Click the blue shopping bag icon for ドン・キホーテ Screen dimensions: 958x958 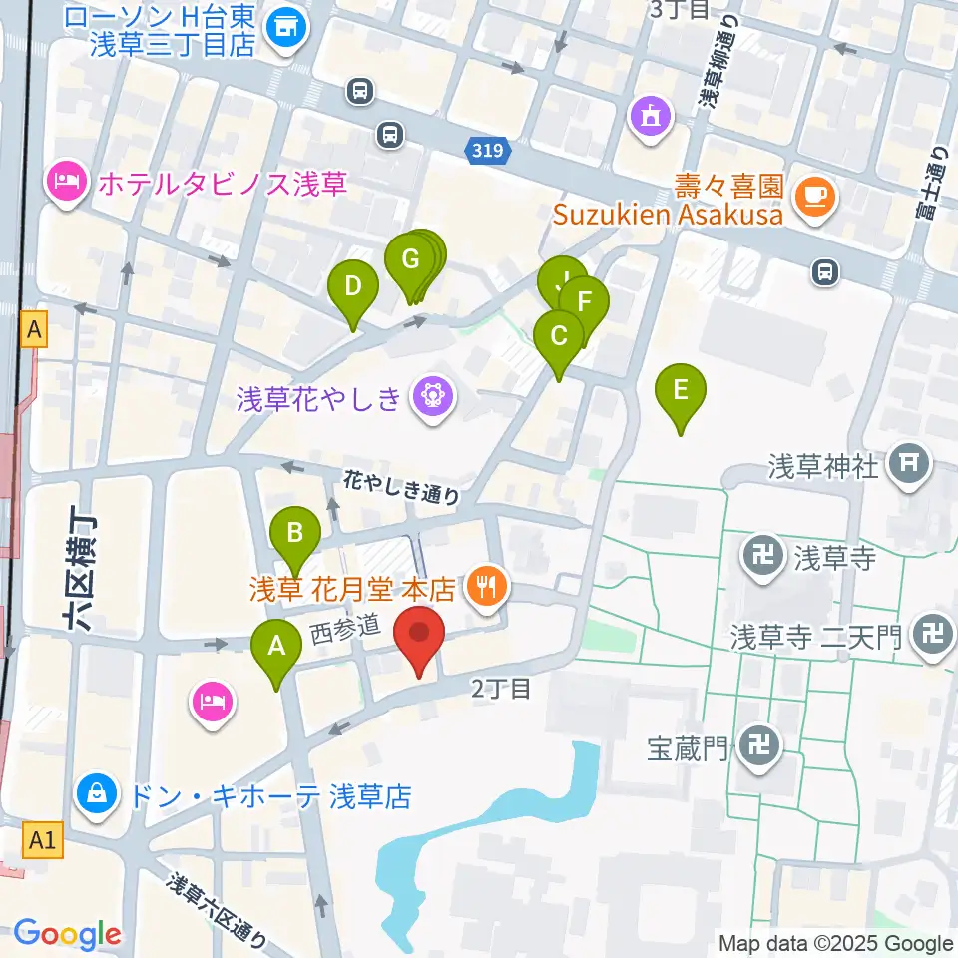point(98,795)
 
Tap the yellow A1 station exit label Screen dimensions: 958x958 point(43,841)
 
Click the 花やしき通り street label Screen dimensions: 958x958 point(402,487)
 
